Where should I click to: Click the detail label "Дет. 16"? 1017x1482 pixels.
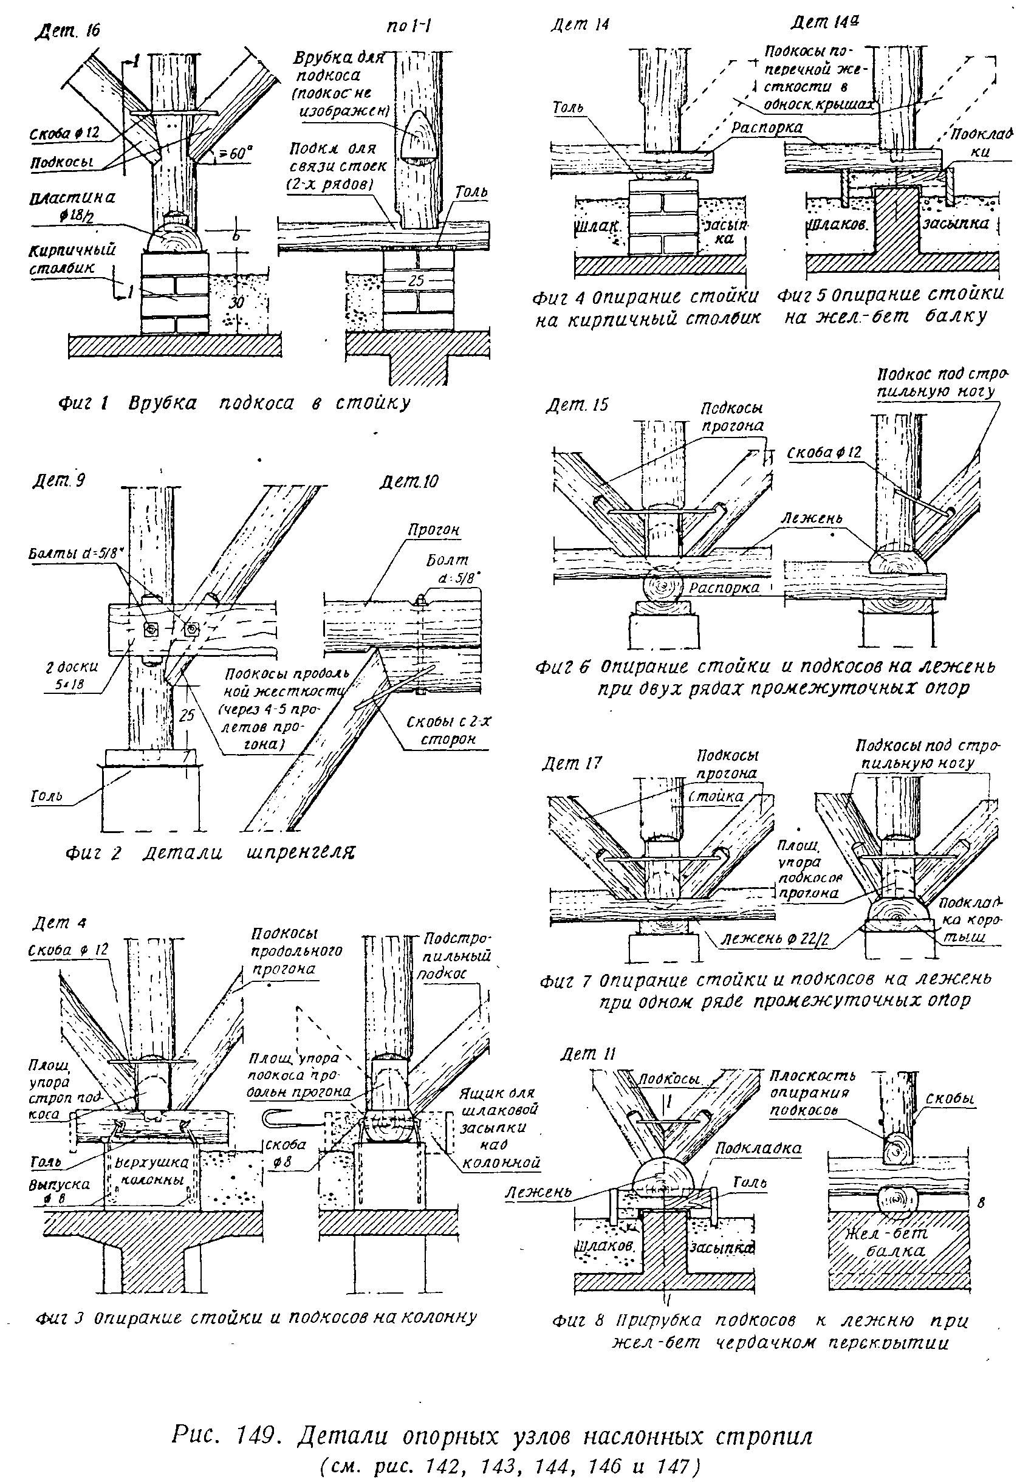click(x=66, y=29)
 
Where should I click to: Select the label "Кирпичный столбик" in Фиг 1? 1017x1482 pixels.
click(x=72, y=258)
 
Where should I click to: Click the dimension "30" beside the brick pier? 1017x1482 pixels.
click(x=236, y=302)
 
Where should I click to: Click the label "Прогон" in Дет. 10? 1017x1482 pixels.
click(x=434, y=530)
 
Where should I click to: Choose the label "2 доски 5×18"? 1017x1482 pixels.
click(x=73, y=676)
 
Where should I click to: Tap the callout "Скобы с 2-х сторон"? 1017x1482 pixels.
click(x=450, y=731)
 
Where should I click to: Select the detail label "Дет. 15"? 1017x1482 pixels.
click(x=577, y=405)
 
